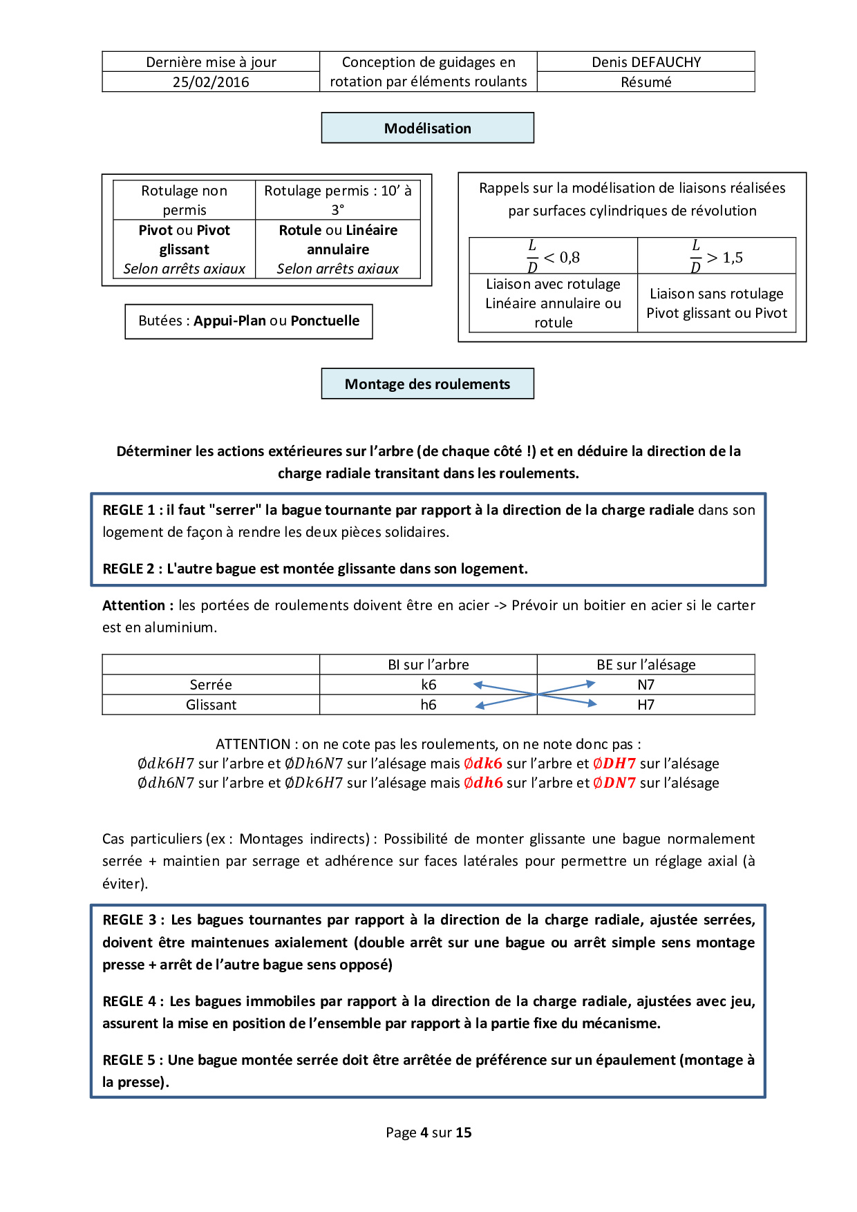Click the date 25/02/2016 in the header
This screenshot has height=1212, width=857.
coord(211,82)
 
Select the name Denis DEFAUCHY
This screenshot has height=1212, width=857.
coord(646,62)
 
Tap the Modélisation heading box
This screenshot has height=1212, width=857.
coord(427,129)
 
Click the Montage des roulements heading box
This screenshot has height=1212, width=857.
coord(427,384)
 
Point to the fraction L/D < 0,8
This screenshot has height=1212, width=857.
coord(554,257)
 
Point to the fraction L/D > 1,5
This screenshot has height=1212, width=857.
coord(717,257)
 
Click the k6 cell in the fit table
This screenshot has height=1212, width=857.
coord(428,685)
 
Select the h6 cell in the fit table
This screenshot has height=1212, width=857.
coord(428,705)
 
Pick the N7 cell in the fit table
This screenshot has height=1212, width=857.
coord(646,685)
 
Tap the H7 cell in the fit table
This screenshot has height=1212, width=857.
coord(646,705)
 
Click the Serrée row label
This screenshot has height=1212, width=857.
coord(211,685)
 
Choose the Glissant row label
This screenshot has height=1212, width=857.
coord(211,705)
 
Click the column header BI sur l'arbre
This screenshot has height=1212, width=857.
coord(428,665)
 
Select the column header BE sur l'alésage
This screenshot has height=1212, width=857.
coord(646,665)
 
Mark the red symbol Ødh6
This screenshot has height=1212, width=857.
coord(483,783)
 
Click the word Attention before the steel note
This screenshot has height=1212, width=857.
coord(134,605)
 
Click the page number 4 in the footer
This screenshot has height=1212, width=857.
coord(424,1133)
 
